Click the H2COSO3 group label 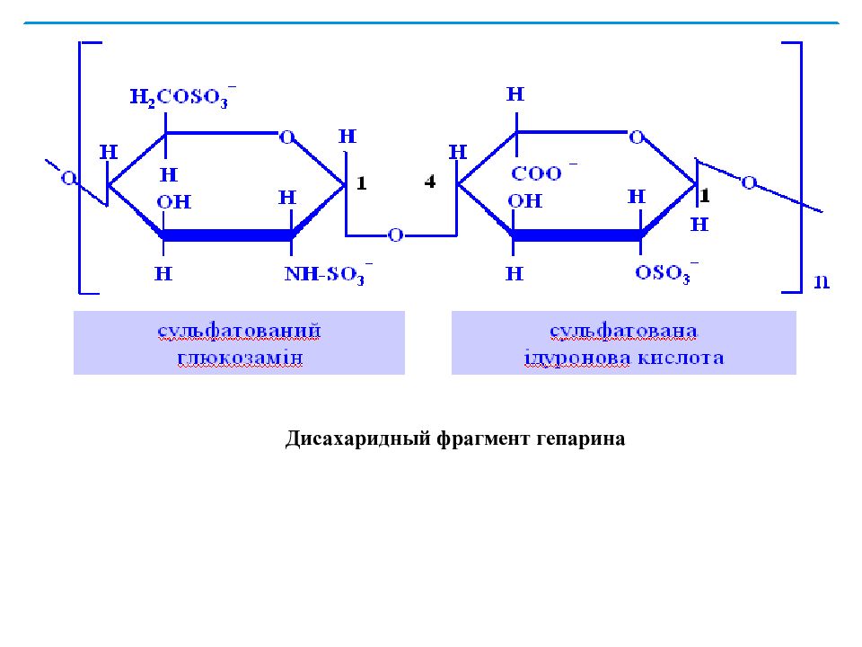tap(183, 97)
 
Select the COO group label tap(544, 173)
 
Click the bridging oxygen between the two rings tap(395, 235)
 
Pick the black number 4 tap(430, 181)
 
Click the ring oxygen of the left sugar tap(287, 137)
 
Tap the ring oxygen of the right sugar tap(637, 137)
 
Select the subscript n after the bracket tap(822, 281)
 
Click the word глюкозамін tap(240, 359)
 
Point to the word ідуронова tap(576, 359)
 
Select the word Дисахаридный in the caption tap(358, 439)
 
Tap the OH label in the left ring tap(173, 202)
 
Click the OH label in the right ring tap(525, 200)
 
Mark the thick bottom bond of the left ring tap(226, 235)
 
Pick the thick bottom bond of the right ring tap(576, 235)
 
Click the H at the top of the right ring tap(515, 94)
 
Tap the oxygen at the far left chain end tap(68, 178)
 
